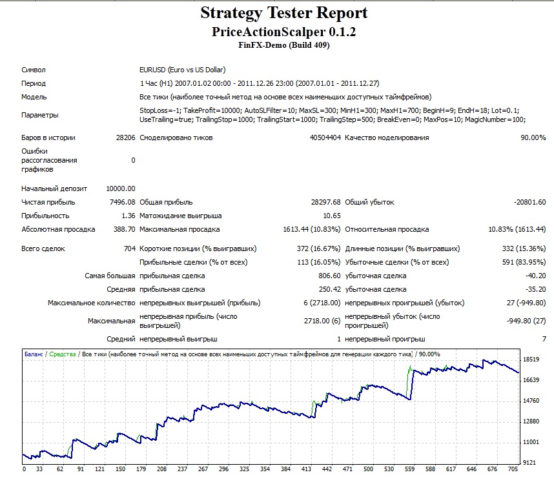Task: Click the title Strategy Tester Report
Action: [284, 14]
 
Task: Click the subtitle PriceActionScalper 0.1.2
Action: [283, 32]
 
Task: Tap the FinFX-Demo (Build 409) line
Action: [283, 45]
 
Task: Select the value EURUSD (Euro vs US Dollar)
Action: [182, 70]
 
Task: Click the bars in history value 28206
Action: [125, 137]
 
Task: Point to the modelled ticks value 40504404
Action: [325, 137]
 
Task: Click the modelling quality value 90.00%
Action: [533, 137]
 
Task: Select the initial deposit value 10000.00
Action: [121, 188]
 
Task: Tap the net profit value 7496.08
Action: [122, 202]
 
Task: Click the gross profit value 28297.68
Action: [326, 202]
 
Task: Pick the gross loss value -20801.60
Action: [529, 202]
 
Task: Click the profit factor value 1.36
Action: [128, 216]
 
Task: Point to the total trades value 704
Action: [130, 249]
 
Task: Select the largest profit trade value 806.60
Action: [329, 276]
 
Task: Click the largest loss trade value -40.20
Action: [536, 276]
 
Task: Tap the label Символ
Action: [33, 70]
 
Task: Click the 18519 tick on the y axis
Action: [531, 360]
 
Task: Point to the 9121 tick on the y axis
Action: [529, 463]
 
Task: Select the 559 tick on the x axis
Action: [409, 469]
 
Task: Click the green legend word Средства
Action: [63, 354]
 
